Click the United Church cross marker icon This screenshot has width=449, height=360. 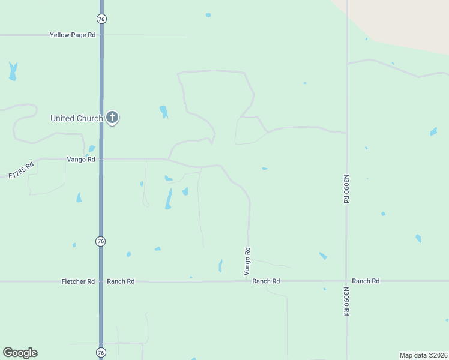(x=112, y=117)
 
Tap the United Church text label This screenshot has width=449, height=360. (x=76, y=118)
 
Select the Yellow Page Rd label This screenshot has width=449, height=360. (x=73, y=35)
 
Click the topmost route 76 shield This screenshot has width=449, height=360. (x=101, y=19)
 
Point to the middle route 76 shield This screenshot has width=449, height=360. (x=101, y=241)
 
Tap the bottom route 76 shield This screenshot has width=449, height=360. (x=101, y=352)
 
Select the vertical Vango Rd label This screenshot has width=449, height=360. (x=247, y=262)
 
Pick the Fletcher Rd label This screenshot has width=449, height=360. (x=78, y=281)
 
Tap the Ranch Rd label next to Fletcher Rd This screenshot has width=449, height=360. (x=121, y=281)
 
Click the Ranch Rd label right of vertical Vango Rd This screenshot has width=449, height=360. (x=266, y=281)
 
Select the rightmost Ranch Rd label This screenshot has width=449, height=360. (x=366, y=281)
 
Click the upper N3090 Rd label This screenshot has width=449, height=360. (x=346, y=189)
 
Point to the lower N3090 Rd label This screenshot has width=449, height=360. (x=346, y=302)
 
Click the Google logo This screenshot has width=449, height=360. (x=20, y=353)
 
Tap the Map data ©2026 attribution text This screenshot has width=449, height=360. (x=423, y=355)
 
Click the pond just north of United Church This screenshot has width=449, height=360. (x=164, y=112)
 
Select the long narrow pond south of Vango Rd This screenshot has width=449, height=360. (x=169, y=199)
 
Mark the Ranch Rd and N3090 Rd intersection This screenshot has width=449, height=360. (x=346, y=281)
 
